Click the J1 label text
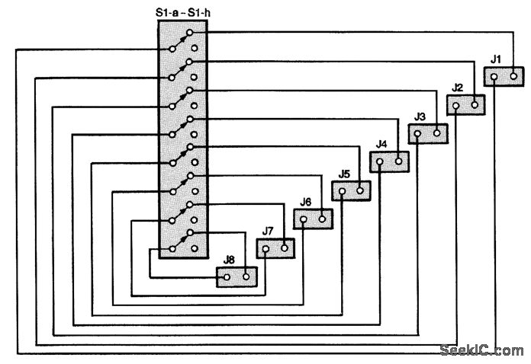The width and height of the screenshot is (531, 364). [496, 59]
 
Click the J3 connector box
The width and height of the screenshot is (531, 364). [427, 133]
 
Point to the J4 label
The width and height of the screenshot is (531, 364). [382, 144]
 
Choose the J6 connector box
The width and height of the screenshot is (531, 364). [313, 219]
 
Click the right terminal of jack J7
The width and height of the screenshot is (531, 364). [285, 247]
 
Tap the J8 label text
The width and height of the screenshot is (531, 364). [229, 260]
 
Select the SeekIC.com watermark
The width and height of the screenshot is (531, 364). [481, 351]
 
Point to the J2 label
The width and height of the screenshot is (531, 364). [458, 88]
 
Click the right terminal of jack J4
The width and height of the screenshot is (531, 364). [398, 161]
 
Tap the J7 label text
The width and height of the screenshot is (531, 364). [267, 231]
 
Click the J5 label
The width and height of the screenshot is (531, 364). [344, 173]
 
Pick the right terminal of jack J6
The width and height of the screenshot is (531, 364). [323, 219]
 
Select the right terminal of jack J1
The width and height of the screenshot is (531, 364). [515, 75]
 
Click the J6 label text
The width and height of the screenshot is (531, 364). [306, 202]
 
